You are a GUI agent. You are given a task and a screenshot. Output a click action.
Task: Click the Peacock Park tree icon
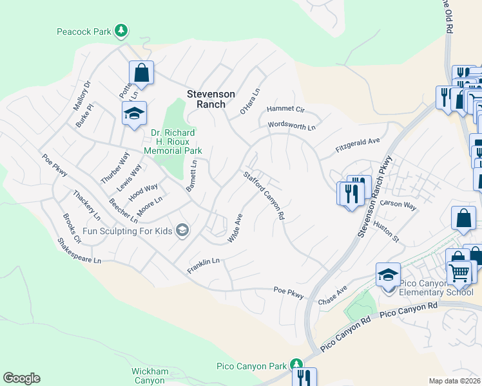click(120, 30)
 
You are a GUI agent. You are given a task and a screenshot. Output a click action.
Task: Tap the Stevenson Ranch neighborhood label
click(206, 99)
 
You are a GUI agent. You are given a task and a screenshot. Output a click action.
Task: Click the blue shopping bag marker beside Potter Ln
click(142, 72)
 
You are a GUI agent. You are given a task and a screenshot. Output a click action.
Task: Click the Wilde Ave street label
click(235, 228)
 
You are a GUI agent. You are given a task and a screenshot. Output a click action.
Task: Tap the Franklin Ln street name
click(204, 265)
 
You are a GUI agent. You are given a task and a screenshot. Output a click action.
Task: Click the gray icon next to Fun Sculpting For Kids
click(182, 230)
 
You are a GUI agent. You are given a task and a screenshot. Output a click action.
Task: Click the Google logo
click(21, 378)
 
